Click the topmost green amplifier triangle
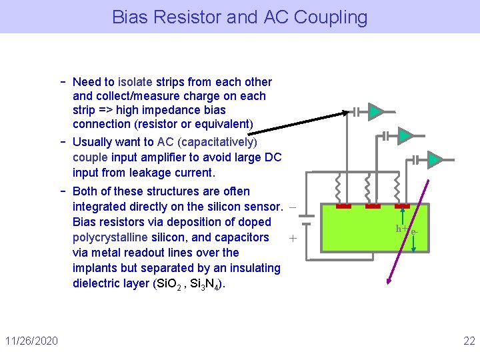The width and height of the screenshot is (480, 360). coord(376,111)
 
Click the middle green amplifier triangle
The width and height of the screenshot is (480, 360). coord(404,136)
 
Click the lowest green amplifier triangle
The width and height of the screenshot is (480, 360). coord(433,160)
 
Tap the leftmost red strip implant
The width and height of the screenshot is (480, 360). coord(343,207)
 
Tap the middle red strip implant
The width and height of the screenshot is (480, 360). coord(373,207)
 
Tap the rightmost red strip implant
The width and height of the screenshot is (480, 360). coord(402,207)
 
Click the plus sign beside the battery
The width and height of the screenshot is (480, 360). coord(291,237)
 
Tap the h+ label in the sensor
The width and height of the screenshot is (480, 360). coord(401,229)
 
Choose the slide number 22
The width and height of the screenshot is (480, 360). coord(469,341)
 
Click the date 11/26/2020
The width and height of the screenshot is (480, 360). coord(31,341)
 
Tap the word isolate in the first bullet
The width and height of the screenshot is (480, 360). coord(135,82)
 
